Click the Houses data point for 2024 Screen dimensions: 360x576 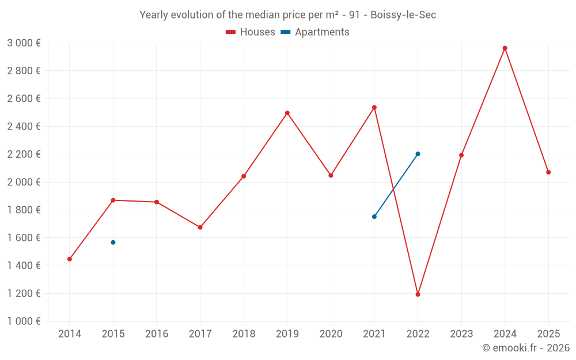(505, 48)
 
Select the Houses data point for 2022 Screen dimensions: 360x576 (418, 294)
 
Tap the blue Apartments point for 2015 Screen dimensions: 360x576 (113, 242)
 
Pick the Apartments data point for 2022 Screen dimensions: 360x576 (418, 154)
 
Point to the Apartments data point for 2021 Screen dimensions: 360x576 (374, 217)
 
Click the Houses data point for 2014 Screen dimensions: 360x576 (70, 259)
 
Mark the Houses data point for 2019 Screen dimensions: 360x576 (287, 113)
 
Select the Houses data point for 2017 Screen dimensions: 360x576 (200, 228)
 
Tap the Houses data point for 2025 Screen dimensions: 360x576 (548, 172)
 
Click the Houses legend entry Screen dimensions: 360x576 (251, 32)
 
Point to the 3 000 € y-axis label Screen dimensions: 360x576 (24, 43)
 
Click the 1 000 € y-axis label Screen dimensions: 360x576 (24, 321)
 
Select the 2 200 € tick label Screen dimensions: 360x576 (24, 154)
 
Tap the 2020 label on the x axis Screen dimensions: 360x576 (331, 334)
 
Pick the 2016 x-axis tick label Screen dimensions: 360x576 (157, 334)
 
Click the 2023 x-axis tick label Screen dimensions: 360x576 (461, 334)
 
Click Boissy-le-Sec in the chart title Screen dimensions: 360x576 (403, 15)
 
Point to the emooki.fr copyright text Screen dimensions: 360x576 (526, 348)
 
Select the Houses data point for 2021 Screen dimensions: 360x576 (374, 107)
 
